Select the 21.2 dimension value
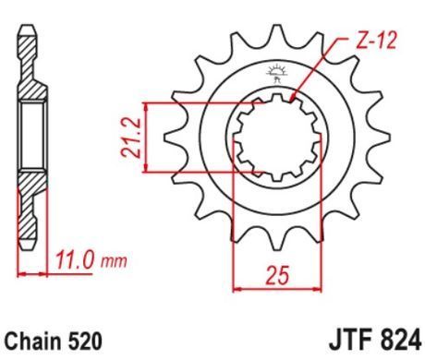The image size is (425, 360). (130, 138)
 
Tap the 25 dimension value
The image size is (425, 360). (278, 275)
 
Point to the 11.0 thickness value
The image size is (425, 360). (74, 261)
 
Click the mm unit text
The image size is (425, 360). (114, 262)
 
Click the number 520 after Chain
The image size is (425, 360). (84, 341)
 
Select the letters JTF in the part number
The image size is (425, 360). (348, 341)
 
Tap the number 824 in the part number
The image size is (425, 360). (398, 341)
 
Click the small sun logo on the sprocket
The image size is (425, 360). (276, 74)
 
